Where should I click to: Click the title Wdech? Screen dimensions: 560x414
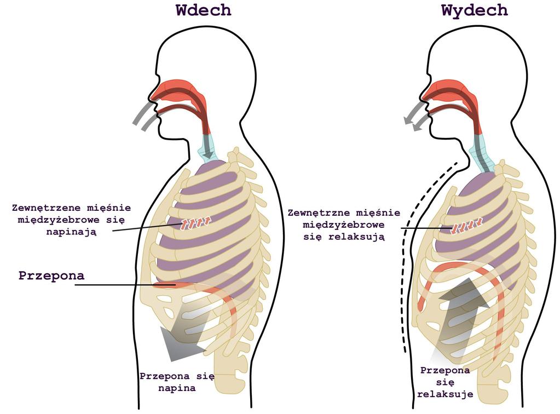(x=203, y=10)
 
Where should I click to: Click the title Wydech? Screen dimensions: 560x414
(x=474, y=11)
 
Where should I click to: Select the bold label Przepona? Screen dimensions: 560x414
(x=51, y=276)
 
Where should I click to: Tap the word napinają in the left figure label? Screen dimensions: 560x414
(x=71, y=232)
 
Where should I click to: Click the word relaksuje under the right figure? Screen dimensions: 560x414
(x=445, y=394)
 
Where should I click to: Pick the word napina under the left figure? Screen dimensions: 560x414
(x=177, y=388)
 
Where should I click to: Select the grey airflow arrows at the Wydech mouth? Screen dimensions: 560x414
(x=417, y=116)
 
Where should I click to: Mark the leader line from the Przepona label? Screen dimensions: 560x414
(x=125, y=285)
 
